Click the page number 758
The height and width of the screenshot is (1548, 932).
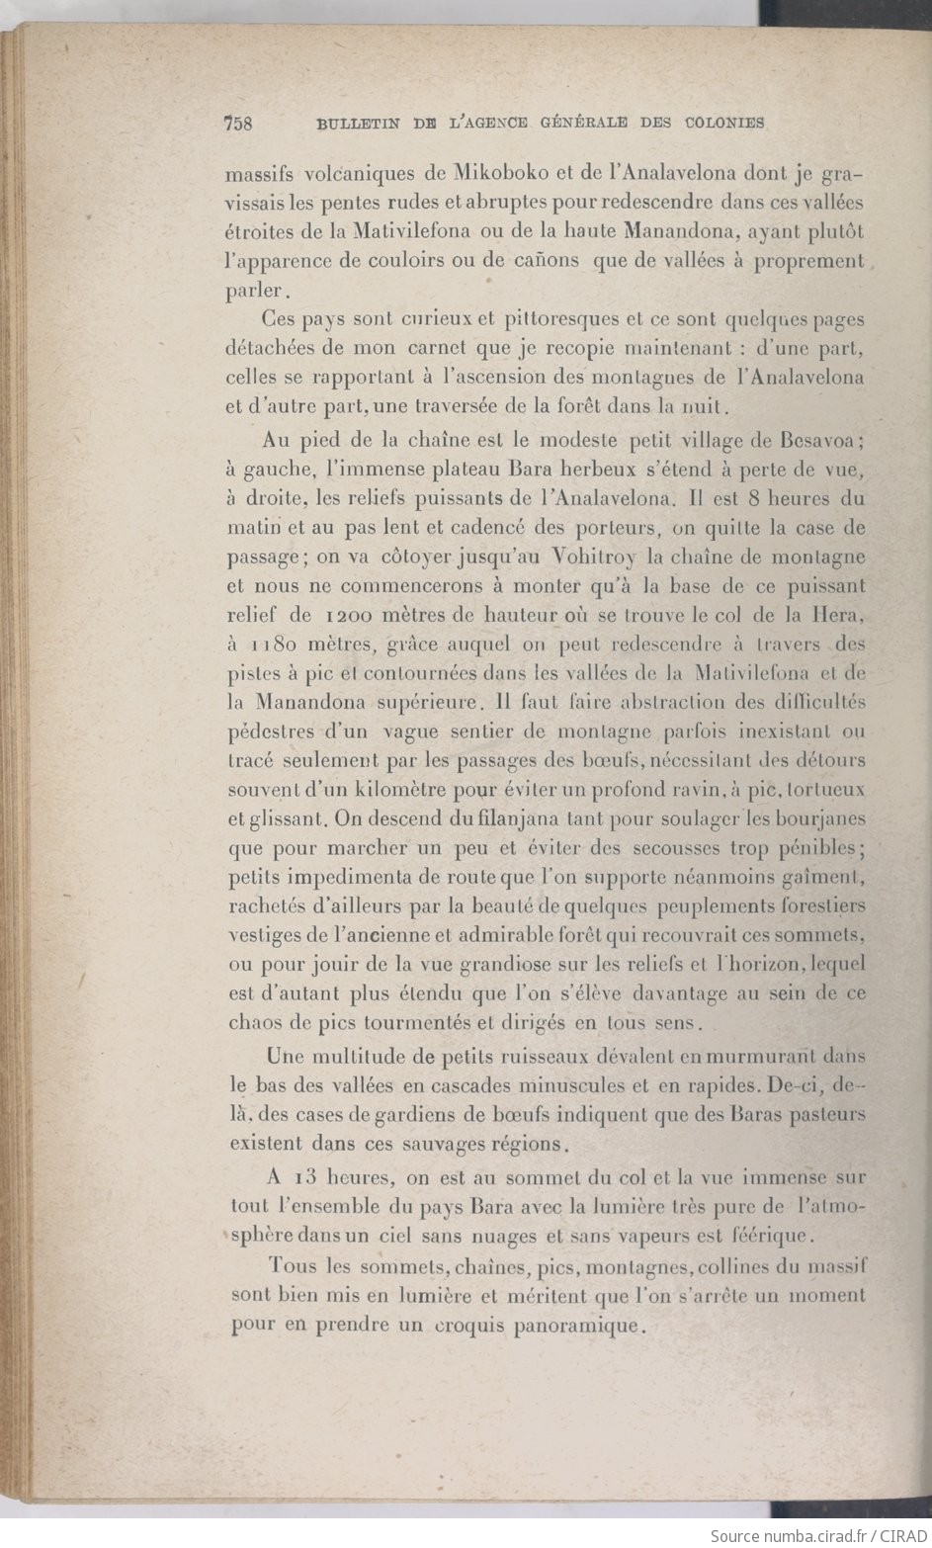pos(239,124)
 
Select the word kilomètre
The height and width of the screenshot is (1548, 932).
pos(398,790)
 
